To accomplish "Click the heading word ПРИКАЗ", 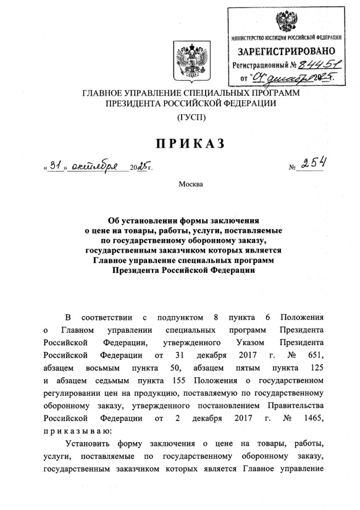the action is (180, 144).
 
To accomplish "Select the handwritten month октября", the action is (96, 165).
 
